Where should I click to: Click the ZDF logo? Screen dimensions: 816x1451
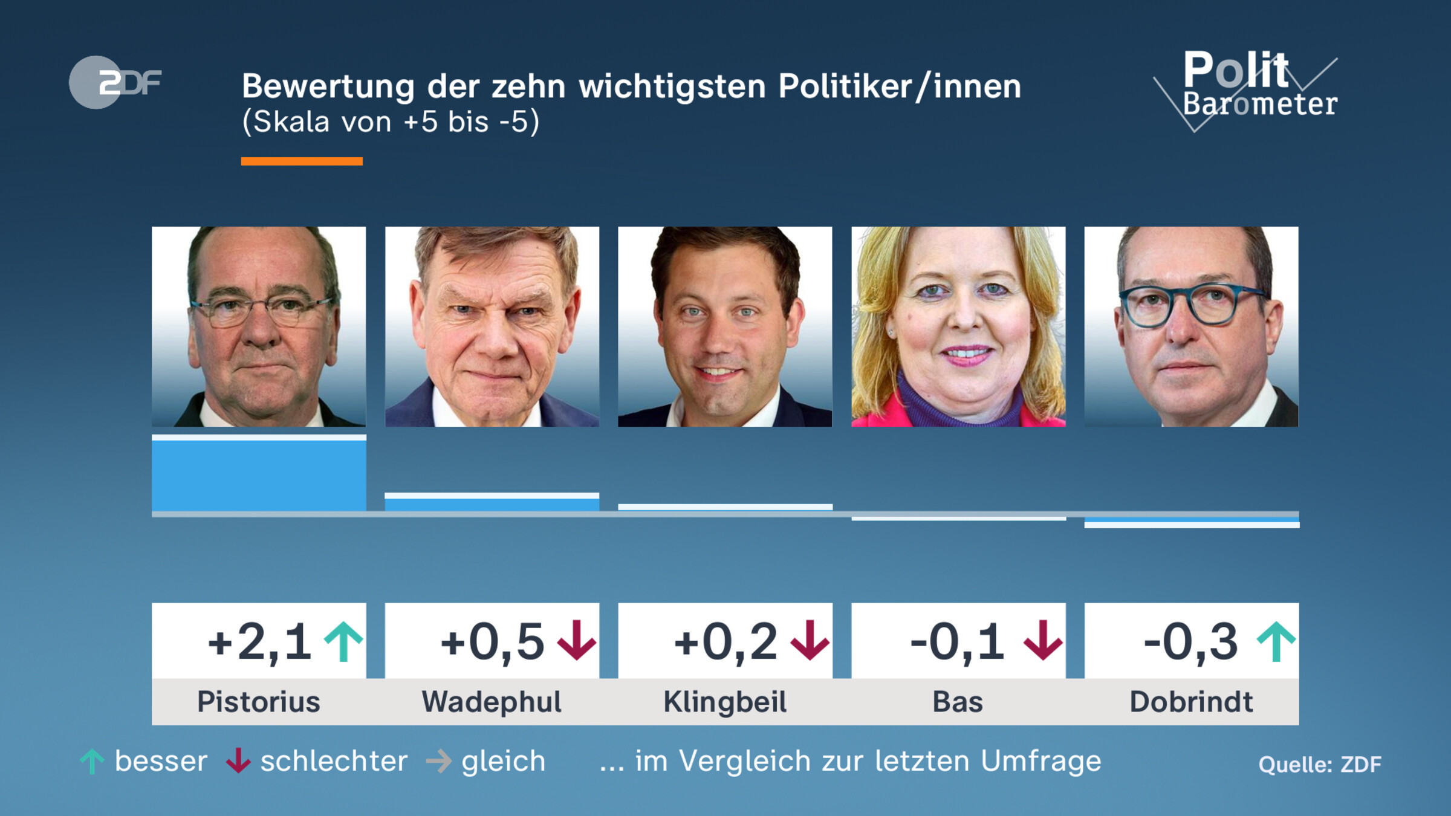115,82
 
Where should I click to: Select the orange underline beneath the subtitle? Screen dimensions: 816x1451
302,161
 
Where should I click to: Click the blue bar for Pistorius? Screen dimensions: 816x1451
259,475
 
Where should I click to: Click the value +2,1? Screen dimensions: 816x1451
260,642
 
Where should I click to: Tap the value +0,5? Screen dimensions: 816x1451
492,642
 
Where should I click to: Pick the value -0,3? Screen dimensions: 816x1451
1190,642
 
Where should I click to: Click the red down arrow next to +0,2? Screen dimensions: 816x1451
810,641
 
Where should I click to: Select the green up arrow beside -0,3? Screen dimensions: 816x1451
1276,641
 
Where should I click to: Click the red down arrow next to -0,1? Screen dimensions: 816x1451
1043,641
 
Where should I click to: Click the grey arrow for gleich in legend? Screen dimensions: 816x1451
439,761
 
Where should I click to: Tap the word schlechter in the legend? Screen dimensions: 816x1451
334,761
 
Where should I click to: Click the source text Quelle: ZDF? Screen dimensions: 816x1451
1319,765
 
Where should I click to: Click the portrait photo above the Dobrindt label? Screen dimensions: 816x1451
1191,326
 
